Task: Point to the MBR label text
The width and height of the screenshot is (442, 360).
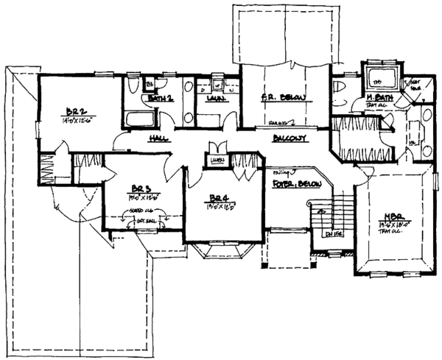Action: point(389,217)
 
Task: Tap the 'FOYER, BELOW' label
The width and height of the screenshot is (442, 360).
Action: point(291,181)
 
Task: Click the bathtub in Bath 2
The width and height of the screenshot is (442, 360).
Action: point(139,119)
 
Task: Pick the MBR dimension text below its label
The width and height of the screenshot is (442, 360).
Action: point(389,226)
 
